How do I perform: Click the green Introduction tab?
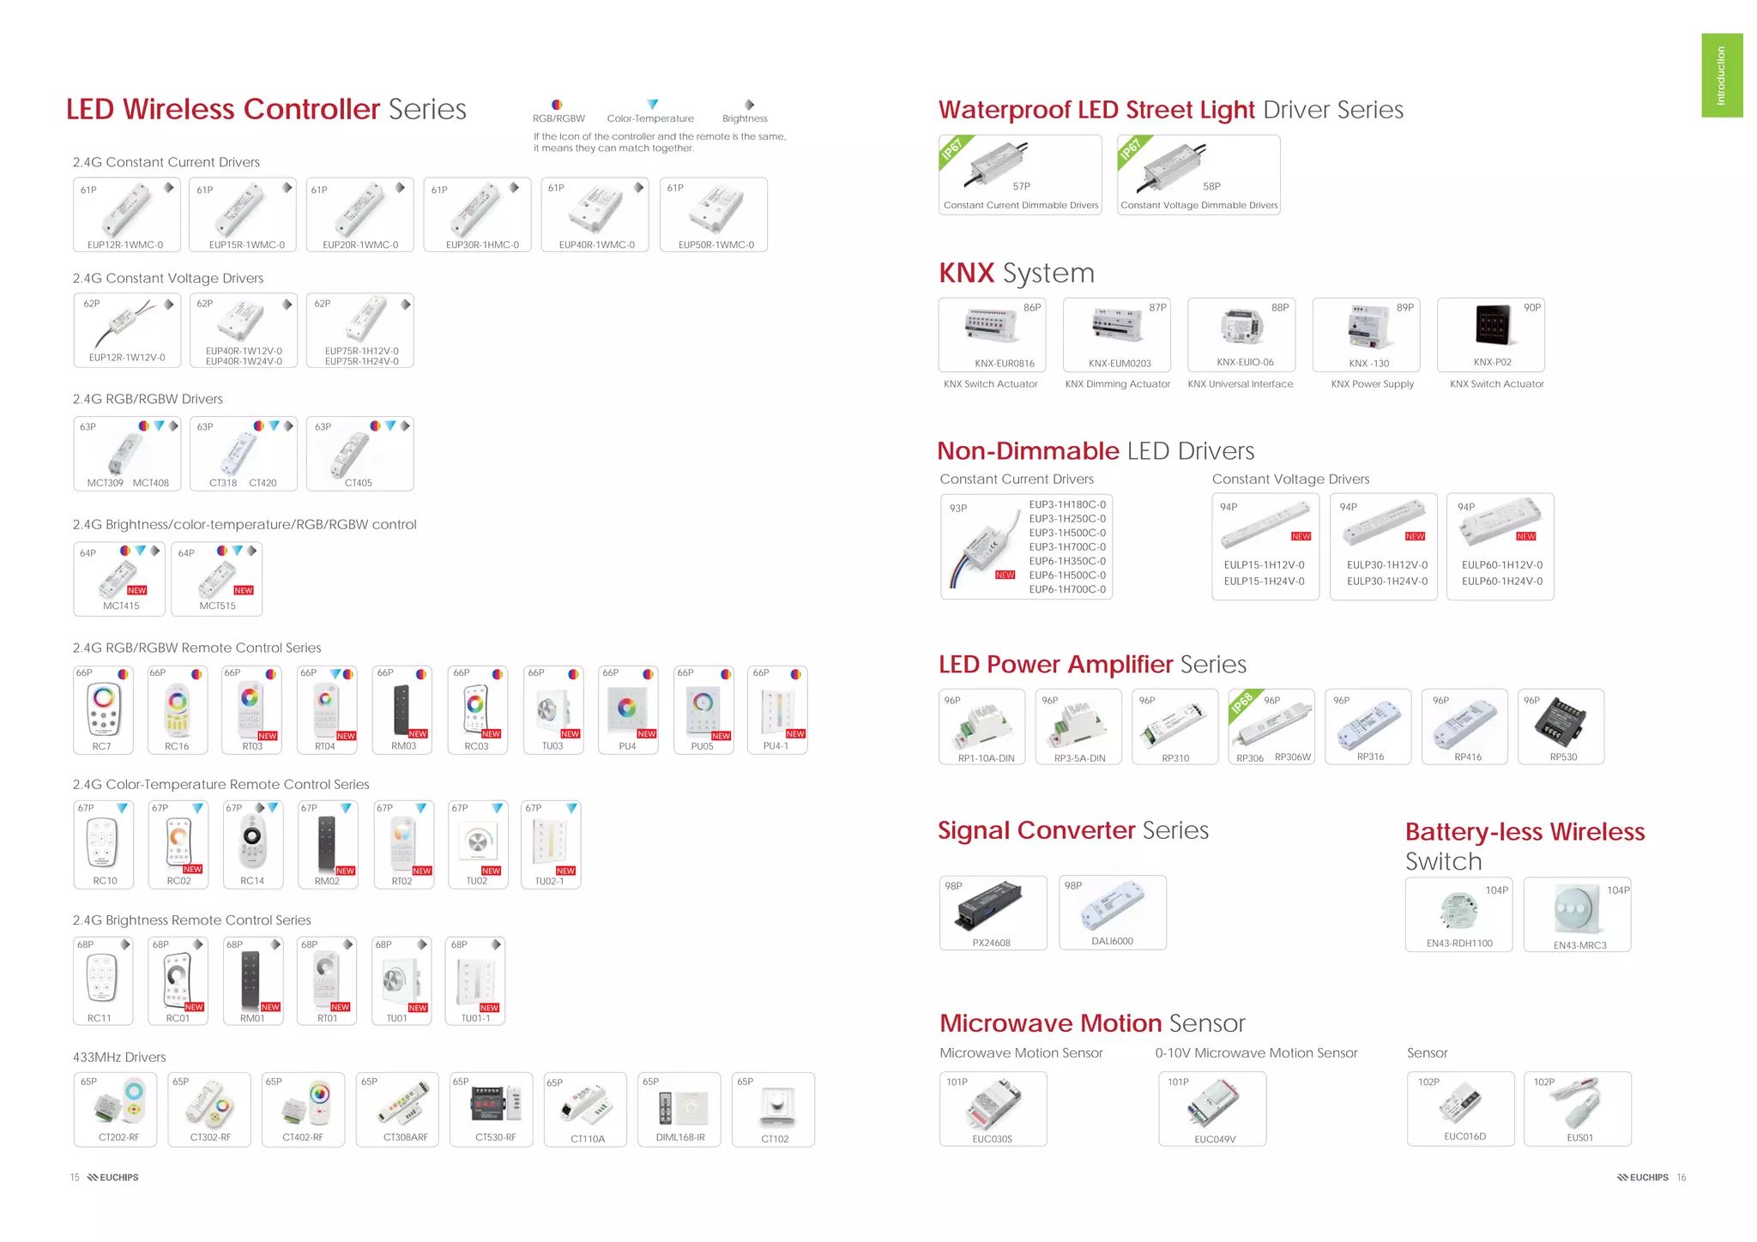[1721, 75]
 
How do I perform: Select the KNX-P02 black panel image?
[1493, 325]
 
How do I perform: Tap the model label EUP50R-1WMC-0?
[715, 244]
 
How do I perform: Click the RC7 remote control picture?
[103, 708]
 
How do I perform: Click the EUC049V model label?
[1214, 1139]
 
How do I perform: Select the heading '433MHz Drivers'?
[119, 1057]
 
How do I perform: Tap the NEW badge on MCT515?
[244, 590]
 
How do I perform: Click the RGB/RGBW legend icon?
[557, 105]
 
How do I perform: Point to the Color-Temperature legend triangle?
[652, 105]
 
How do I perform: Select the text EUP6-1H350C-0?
[1066, 561]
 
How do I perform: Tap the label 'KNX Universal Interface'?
[1240, 384]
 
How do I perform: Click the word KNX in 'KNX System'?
[966, 274]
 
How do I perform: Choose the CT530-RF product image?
[495, 1104]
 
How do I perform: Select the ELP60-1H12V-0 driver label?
[1501, 565]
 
